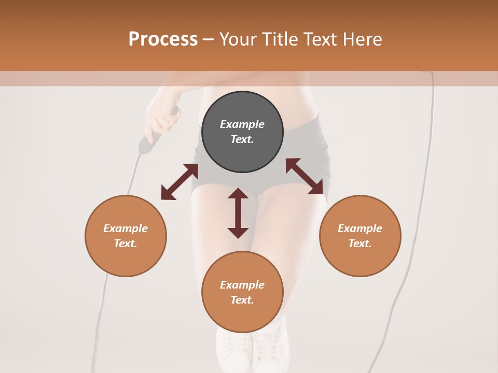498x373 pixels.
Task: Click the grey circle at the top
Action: [242, 132]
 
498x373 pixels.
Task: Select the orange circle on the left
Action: [126, 236]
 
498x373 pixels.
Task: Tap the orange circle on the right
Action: [360, 236]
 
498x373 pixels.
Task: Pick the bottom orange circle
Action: [242, 292]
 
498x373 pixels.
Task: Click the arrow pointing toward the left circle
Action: [179, 182]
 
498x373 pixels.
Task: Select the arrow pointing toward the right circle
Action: [304, 176]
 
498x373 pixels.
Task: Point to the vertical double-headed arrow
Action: [238, 213]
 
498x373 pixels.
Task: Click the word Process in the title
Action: [163, 39]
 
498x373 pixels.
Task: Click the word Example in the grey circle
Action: [242, 124]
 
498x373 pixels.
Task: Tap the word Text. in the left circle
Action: [126, 243]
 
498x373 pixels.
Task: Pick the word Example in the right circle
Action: [360, 228]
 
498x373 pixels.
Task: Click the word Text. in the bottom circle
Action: [242, 300]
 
